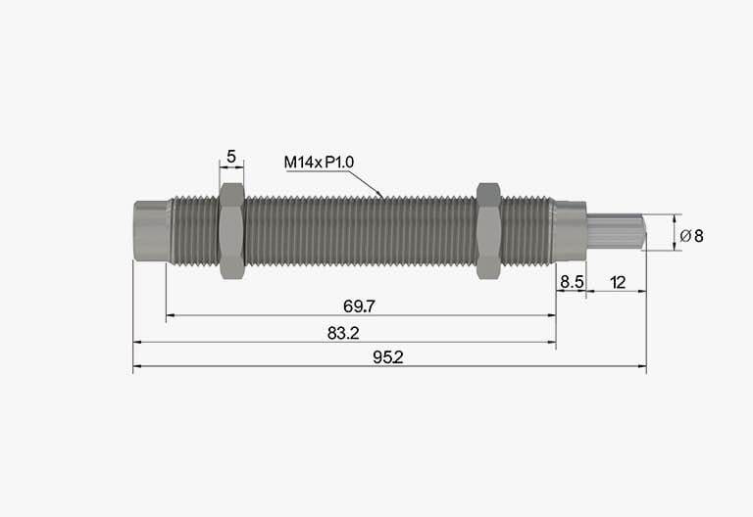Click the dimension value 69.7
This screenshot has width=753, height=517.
(x=359, y=305)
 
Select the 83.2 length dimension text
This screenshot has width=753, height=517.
(x=343, y=333)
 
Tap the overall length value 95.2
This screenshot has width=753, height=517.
(x=388, y=357)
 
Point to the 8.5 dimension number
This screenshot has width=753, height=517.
(x=572, y=282)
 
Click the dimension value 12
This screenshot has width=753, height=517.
(x=618, y=282)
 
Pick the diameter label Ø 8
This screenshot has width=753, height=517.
(x=691, y=235)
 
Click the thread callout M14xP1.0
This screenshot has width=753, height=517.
(x=319, y=163)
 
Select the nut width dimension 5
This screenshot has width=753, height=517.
(x=231, y=157)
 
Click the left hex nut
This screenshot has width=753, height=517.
(x=232, y=231)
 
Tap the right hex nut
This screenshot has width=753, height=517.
(x=489, y=231)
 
